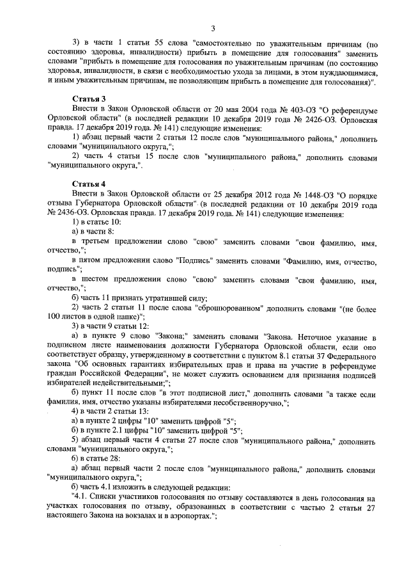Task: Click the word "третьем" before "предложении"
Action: tap(98, 244)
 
